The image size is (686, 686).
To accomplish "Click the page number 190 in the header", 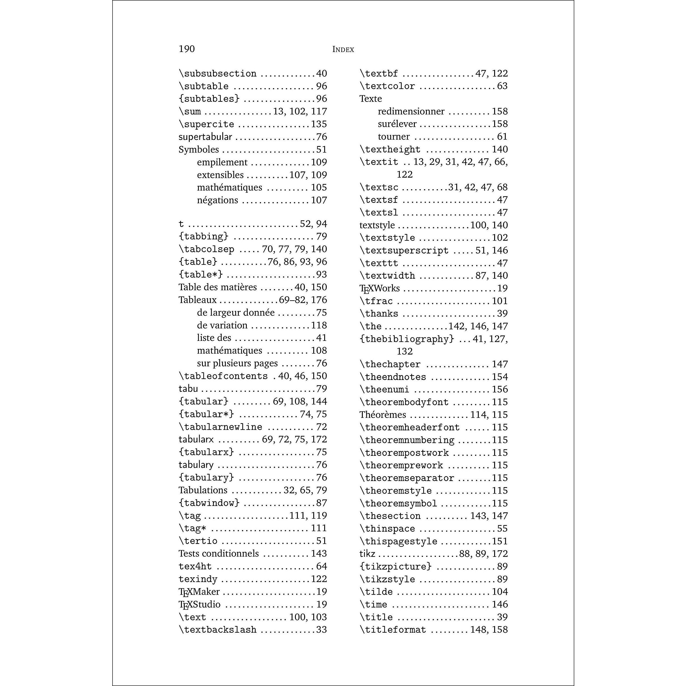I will [x=187, y=49].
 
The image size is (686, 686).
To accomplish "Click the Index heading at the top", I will [x=343, y=49].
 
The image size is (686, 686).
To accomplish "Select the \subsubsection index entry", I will [x=217, y=73].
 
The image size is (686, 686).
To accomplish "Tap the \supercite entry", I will [x=206, y=124].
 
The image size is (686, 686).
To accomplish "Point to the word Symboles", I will [x=199, y=150].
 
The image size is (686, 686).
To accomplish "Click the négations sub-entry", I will [x=217, y=200].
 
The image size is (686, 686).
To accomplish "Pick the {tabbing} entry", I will [x=203, y=236].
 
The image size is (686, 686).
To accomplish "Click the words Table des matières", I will [x=217, y=287].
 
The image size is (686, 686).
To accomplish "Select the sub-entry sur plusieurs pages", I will [x=237, y=363].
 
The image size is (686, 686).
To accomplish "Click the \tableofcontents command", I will [x=223, y=376].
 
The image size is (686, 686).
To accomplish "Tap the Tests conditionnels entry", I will [x=218, y=554].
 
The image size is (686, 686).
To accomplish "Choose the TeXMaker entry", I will [x=199, y=592].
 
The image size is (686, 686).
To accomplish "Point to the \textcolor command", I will [x=387, y=86].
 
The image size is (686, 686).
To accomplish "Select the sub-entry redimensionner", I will [x=411, y=111].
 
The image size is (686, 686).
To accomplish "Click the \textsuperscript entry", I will [x=404, y=251].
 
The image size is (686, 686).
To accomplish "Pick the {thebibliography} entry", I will [x=407, y=339].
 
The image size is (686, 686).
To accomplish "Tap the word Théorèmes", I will [x=382, y=415].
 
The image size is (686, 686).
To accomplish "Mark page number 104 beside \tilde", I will [x=499, y=592].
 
